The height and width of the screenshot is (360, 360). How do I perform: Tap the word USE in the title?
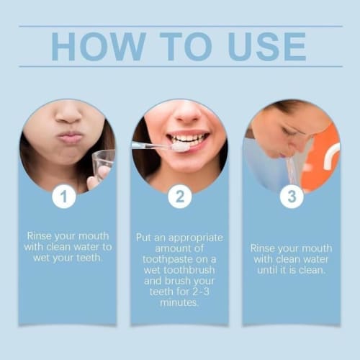[261, 47]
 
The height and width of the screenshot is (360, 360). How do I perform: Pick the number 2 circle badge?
[179, 196]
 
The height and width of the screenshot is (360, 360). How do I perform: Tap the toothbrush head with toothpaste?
[179, 146]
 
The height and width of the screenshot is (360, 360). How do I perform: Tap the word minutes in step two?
[179, 303]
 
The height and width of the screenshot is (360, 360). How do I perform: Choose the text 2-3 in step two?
[210, 292]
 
